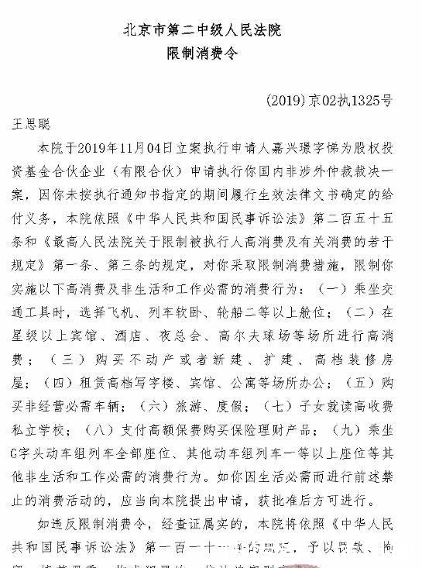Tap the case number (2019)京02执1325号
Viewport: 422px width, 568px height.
(x=328, y=100)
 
